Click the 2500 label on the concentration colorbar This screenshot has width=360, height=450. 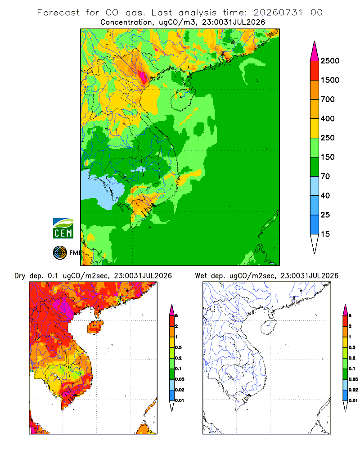click(330, 61)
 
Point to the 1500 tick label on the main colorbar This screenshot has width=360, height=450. click(330, 80)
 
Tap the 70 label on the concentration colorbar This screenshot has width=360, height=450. click(325, 176)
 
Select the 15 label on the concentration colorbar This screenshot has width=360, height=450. click(325, 234)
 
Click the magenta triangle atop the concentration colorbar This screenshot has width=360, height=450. click(315, 52)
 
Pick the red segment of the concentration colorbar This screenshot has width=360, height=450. click(315, 71)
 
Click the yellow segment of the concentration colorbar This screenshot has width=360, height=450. click(315, 128)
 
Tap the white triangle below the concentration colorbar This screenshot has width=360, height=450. click(315, 243)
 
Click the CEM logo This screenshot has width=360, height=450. click(63, 229)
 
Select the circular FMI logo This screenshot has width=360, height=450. click(60, 253)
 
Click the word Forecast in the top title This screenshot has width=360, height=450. click(58, 13)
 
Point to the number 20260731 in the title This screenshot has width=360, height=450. click(278, 13)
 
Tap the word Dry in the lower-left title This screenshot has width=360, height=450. click(20, 276)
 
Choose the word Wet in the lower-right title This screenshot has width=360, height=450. click(201, 276)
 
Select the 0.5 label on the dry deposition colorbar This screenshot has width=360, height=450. click(178, 347)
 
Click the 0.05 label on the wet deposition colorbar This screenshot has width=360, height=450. click(353, 379)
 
